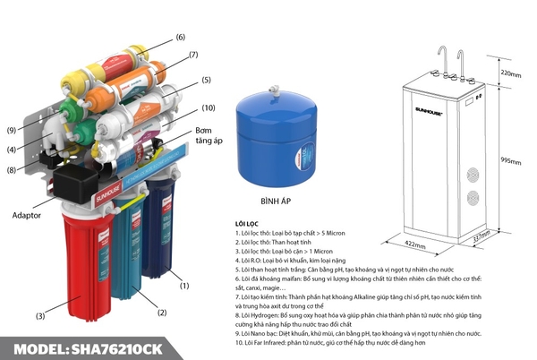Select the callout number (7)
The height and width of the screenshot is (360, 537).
pos(192,56)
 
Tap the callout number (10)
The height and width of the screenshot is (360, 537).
pos(209,108)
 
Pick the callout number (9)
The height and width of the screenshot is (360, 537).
pos(12,131)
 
